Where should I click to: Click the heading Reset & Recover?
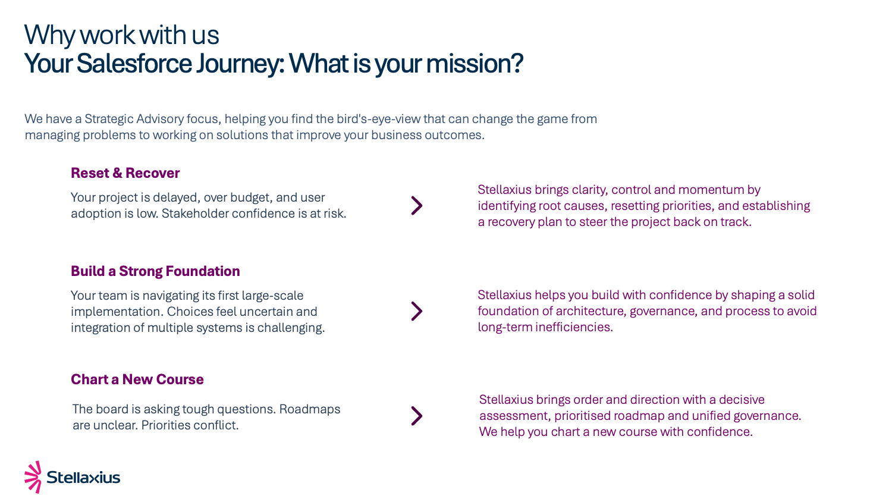coord(125,173)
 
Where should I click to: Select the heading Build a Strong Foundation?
coord(155,271)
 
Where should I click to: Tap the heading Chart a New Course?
coord(137,379)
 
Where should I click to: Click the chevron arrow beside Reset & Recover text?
coord(416,206)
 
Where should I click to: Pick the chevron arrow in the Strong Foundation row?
coord(416,311)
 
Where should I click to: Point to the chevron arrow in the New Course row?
coord(416,416)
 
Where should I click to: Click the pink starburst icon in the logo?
coord(33,477)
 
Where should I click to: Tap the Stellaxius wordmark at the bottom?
coord(83,477)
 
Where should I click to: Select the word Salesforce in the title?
coord(134,64)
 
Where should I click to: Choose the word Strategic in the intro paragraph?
coord(109,119)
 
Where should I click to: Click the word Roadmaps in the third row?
coord(310,409)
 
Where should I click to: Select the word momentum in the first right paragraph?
coord(708,190)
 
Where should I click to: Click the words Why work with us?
coord(121,35)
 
